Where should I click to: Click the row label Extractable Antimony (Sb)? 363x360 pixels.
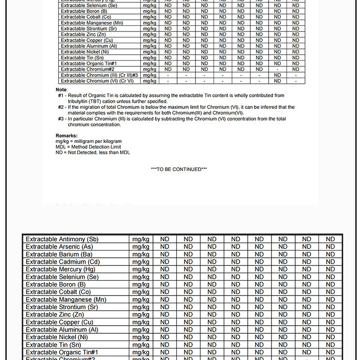point(62,239)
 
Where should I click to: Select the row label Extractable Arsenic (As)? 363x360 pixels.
point(59,247)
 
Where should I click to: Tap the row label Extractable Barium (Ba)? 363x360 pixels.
point(59,254)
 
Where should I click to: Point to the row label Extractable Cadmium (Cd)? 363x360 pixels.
point(62,262)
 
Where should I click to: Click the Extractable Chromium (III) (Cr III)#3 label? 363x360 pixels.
point(99,75)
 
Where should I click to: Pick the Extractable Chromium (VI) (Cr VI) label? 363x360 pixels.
point(97,81)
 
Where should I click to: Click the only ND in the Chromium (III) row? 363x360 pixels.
point(277,75)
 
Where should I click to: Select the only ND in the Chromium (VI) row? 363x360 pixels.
point(277,81)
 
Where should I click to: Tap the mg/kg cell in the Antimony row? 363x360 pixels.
point(141,239)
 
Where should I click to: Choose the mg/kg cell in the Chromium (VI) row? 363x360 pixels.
point(150,81)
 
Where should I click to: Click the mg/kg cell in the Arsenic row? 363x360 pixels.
point(141,247)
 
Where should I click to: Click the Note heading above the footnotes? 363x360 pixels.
point(61,90)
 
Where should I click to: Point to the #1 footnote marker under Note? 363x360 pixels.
point(61,96)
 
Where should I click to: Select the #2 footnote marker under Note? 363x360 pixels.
point(61,108)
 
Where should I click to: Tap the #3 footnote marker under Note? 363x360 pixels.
point(61,119)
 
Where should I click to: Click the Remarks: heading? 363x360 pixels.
point(67,136)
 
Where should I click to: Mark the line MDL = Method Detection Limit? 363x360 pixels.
point(89,147)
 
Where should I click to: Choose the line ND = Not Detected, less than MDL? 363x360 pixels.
point(93,153)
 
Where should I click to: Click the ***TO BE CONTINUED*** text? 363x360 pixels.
point(179,169)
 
